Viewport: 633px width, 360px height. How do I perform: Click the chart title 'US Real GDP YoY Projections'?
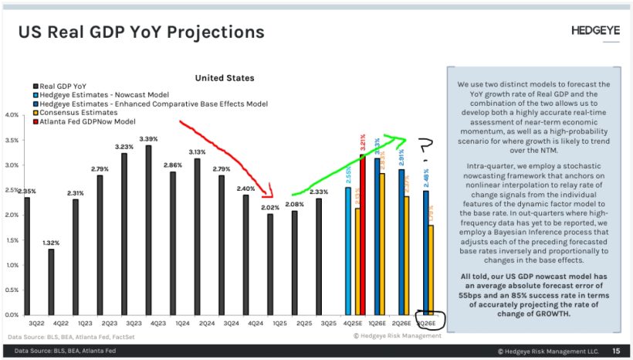click(141, 32)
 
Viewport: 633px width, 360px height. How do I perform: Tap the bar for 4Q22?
click(51, 281)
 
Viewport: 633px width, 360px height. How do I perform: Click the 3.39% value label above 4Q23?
click(148, 139)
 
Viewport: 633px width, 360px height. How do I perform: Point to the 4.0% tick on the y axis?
click(11, 115)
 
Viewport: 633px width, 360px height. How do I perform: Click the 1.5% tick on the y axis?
click(11, 240)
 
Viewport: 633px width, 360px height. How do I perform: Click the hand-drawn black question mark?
click(424, 147)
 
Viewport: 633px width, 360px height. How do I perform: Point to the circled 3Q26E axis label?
click(426, 321)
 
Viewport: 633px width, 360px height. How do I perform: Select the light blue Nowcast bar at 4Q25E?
click(348, 250)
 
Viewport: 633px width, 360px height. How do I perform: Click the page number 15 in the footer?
click(614, 352)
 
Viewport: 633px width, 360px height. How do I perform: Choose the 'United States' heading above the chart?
click(224, 78)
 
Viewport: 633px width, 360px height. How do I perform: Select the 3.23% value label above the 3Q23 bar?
click(124, 146)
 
